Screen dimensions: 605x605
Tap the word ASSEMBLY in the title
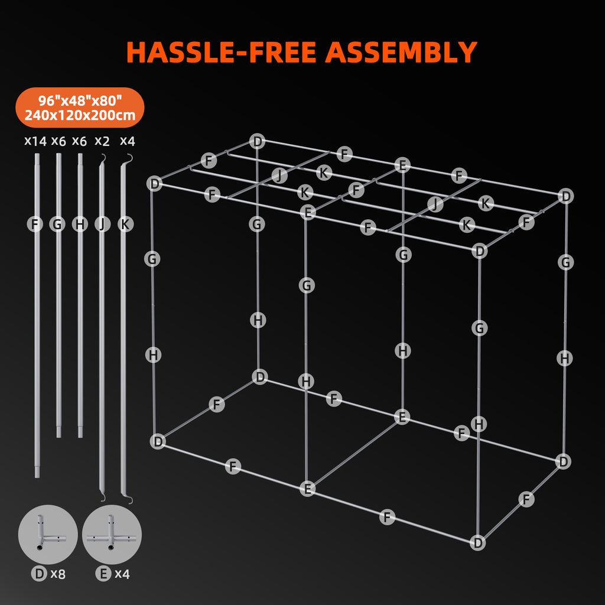click(x=401, y=52)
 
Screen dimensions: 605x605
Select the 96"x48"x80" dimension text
click(x=80, y=101)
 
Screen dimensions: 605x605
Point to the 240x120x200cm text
click(x=80, y=115)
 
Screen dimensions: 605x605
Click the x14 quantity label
click(x=35, y=141)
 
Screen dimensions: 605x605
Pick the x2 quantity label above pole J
click(x=102, y=141)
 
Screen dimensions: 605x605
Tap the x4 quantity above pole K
click(x=128, y=141)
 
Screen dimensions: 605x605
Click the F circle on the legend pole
click(x=35, y=224)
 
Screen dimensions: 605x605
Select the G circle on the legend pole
click(x=57, y=224)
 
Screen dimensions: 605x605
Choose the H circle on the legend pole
click(x=80, y=224)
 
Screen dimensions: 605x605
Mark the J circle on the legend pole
click(x=102, y=224)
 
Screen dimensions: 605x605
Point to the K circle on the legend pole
click(x=125, y=224)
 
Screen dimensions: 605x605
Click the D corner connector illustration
click(x=48, y=534)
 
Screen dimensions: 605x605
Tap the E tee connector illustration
click(x=112, y=534)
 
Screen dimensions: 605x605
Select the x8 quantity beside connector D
click(x=58, y=574)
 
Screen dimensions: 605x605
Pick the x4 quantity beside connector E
click(x=122, y=574)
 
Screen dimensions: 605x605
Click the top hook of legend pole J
click(x=103, y=157)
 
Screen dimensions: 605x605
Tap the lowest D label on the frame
click(x=477, y=543)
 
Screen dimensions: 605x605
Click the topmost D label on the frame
click(x=258, y=141)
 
